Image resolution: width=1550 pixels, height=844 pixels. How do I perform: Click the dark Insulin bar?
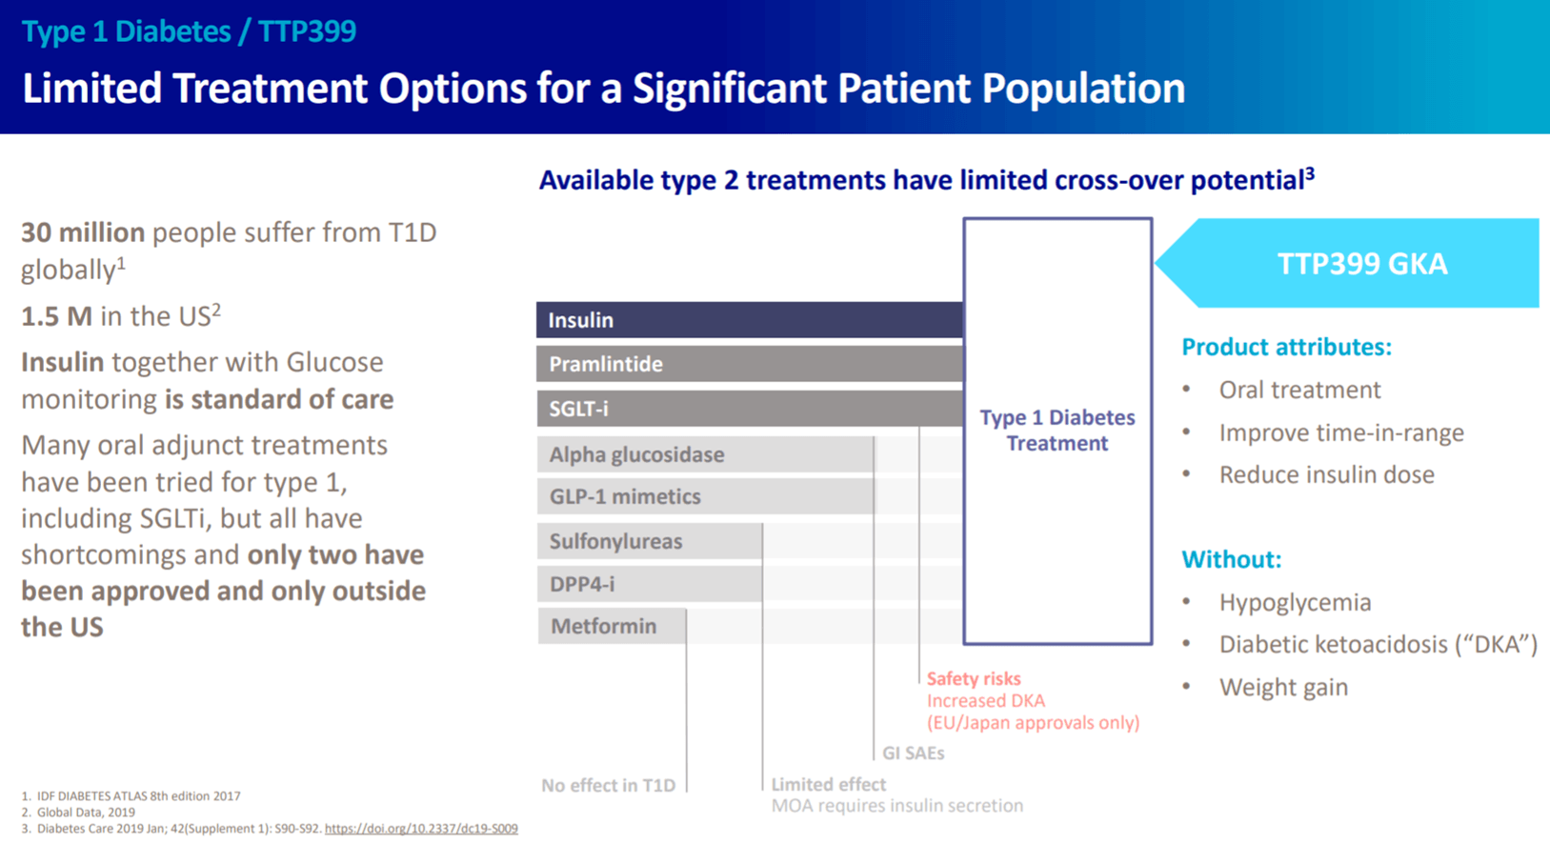click(x=749, y=320)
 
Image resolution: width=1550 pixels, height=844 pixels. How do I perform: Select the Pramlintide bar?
click(x=749, y=364)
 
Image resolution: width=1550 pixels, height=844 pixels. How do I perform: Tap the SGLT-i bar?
click(x=749, y=409)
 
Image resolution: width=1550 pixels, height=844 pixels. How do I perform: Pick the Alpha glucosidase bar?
click(x=705, y=454)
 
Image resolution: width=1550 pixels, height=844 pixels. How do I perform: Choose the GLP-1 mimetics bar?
click(x=705, y=496)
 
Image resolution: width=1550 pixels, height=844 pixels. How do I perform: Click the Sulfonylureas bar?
click(x=649, y=541)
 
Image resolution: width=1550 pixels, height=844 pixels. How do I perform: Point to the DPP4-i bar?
click(x=649, y=584)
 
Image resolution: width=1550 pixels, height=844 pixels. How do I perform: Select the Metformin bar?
click(x=611, y=626)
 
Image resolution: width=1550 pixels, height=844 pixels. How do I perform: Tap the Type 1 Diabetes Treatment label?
click(x=1057, y=431)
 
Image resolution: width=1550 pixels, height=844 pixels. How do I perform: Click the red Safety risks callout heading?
click(x=974, y=678)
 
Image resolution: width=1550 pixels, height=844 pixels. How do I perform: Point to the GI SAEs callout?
click(x=913, y=754)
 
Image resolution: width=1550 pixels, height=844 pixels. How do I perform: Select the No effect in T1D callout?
click(x=609, y=786)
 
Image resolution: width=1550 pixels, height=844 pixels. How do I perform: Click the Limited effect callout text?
click(x=828, y=784)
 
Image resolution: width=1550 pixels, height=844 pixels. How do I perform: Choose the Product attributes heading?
click(x=1286, y=347)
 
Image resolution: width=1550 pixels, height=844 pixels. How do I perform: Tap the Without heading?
click(x=1231, y=559)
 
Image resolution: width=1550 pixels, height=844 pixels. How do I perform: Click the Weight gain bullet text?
click(x=1283, y=688)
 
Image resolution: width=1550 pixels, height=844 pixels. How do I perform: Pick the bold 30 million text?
click(x=83, y=232)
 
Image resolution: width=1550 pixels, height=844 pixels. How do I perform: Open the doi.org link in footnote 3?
click(x=421, y=829)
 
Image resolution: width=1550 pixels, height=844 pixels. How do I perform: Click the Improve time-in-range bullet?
click(x=1341, y=432)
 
